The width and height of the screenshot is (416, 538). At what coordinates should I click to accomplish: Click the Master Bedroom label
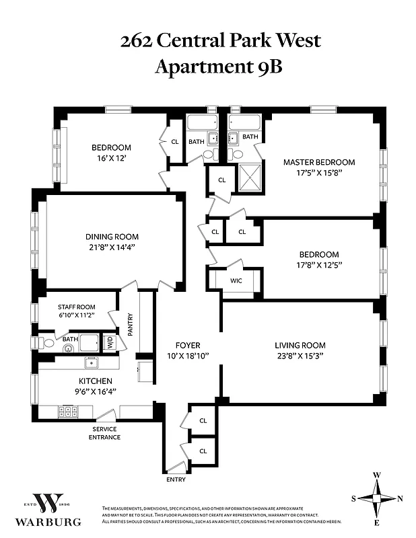tap(318, 162)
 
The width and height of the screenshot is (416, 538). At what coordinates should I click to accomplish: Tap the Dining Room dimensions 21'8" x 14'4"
tap(112, 247)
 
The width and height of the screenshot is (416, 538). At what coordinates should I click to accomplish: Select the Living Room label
tap(300, 345)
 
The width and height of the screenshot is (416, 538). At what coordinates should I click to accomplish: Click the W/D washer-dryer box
tap(108, 343)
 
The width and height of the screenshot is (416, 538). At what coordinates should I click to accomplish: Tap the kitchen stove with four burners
tap(68, 412)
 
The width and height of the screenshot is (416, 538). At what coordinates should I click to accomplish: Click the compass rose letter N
tap(401, 498)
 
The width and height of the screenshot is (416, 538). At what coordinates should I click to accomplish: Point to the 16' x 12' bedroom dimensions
tap(111, 159)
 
